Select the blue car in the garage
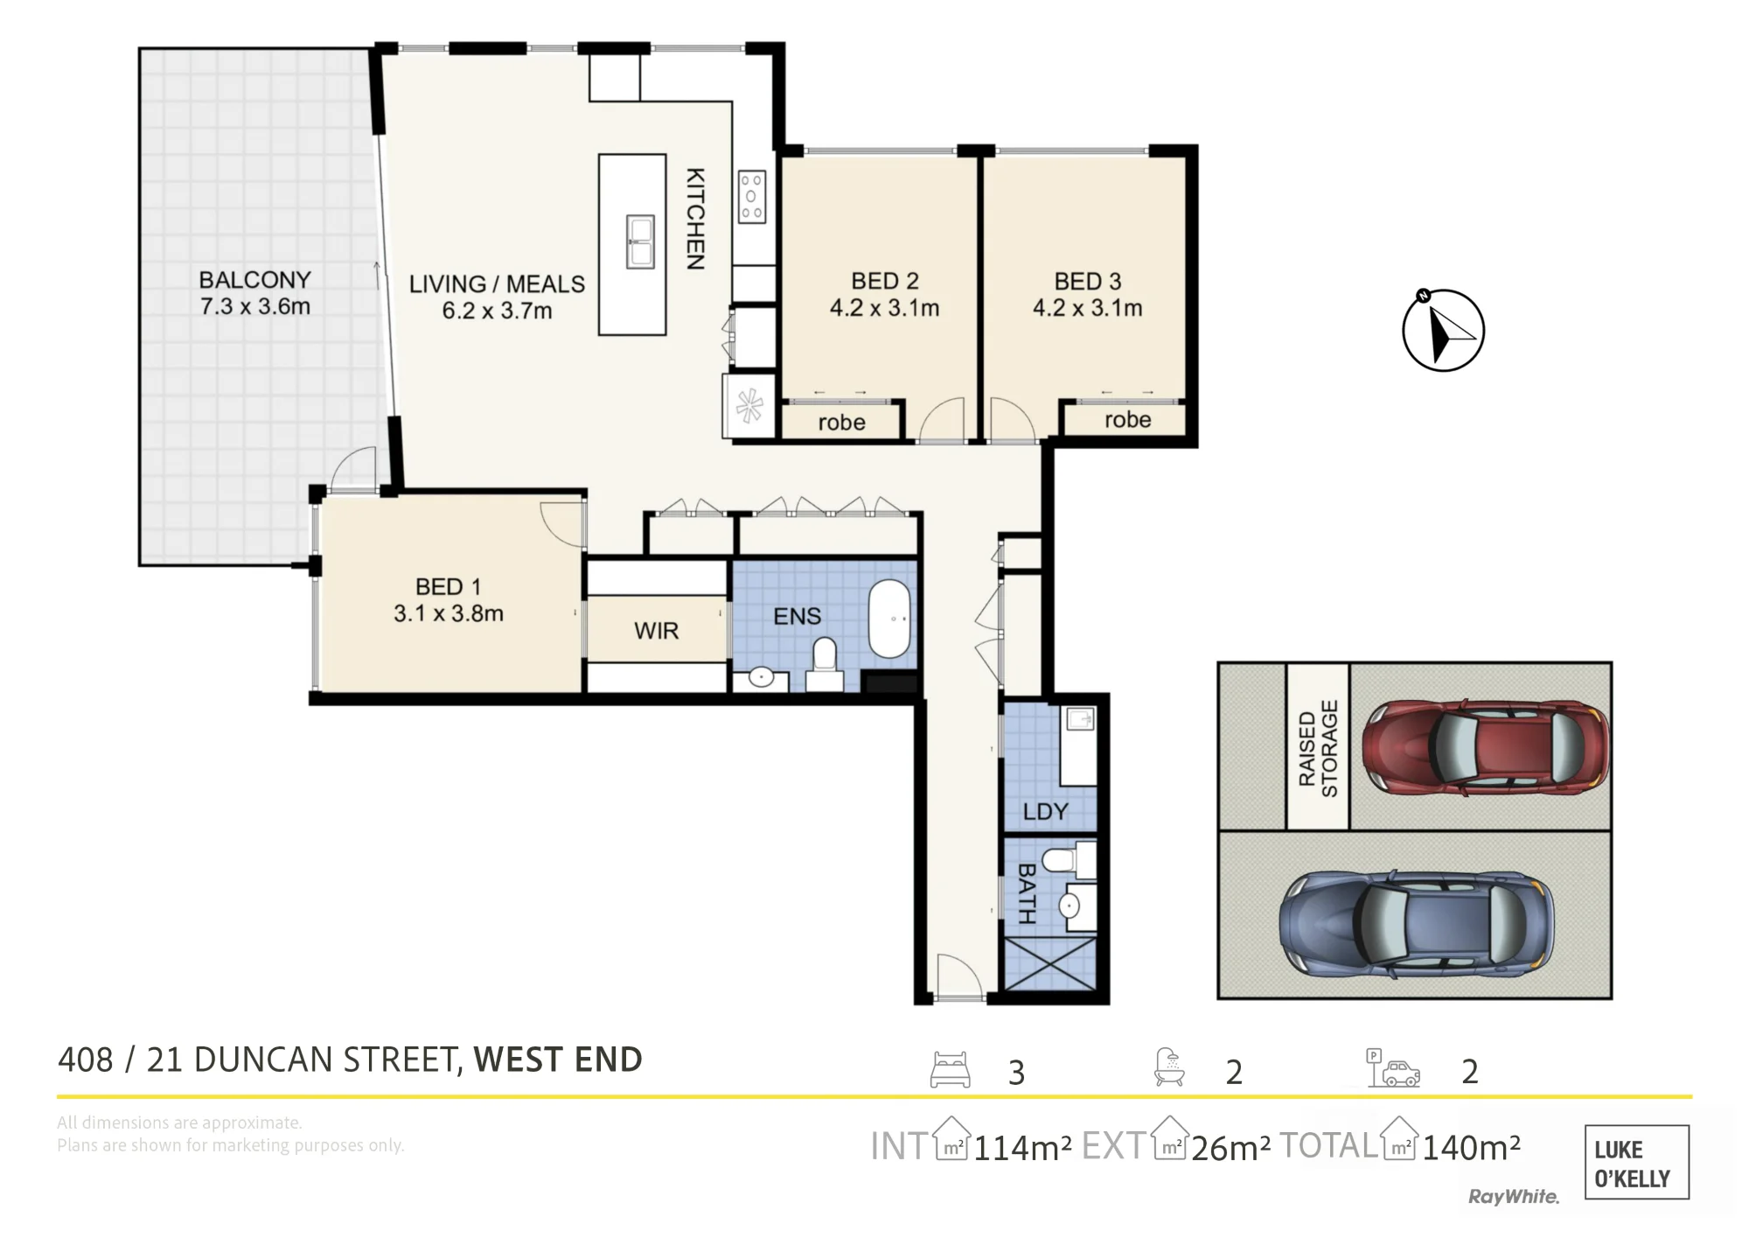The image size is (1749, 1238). (1417, 924)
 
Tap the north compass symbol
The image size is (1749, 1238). (1443, 330)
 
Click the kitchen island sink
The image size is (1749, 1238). (640, 241)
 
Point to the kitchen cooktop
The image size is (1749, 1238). (751, 197)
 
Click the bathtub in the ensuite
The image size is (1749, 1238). (890, 618)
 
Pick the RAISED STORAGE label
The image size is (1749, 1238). (1318, 748)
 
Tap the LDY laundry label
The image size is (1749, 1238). (1045, 811)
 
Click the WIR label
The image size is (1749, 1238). (656, 630)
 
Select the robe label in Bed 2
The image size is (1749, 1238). (841, 423)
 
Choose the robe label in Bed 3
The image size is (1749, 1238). (1127, 420)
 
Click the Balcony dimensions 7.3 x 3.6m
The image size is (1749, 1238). (255, 306)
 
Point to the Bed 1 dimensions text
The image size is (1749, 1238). (449, 613)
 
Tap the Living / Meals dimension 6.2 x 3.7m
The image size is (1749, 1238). (497, 311)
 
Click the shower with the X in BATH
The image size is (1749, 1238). (1049, 964)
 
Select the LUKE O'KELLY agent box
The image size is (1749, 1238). (1636, 1162)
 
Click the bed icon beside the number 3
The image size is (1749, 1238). (950, 1069)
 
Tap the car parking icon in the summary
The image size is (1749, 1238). (1393, 1068)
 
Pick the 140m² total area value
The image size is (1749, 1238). (1471, 1147)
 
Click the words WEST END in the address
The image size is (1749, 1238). (558, 1060)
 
